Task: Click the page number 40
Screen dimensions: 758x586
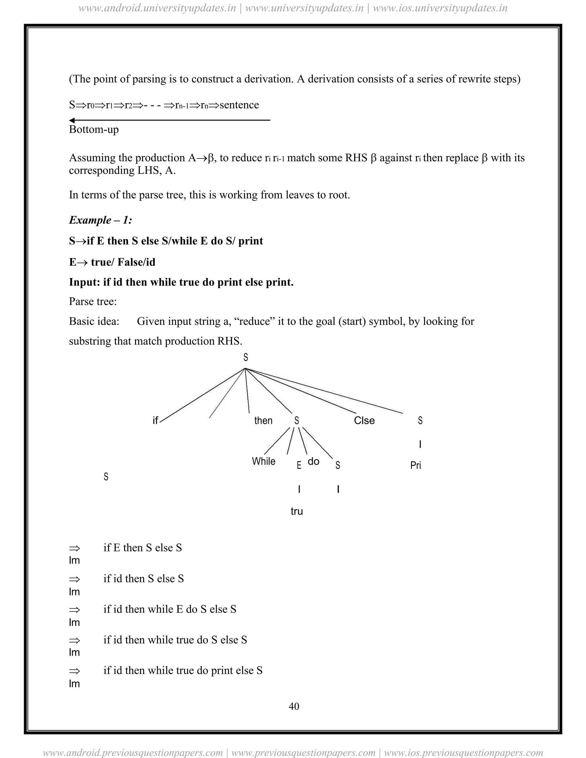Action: click(x=294, y=706)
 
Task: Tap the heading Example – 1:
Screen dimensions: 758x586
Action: click(x=100, y=220)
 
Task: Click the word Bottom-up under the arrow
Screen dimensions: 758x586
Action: click(x=94, y=130)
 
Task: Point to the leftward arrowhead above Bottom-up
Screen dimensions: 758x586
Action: click(x=72, y=120)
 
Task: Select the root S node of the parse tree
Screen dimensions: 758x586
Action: click(x=246, y=357)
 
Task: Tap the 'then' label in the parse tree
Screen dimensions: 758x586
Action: click(x=263, y=421)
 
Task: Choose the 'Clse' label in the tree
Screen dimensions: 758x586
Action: click(x=364, y=421)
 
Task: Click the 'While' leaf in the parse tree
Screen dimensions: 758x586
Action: click(x=264, y=461)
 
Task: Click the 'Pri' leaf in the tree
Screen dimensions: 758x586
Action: click(x=415, y=465)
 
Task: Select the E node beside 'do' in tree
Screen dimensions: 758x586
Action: click(x=299, y=465)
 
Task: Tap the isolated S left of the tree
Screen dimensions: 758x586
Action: click(x=106, y=477)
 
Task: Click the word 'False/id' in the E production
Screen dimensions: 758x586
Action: click(x=136, y=262)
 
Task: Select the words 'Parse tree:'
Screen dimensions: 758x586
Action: click(x=93, y=301)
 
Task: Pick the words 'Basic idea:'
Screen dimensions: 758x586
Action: click(x=94, y=322)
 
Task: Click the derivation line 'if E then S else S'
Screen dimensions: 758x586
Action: click(x=142, y=548)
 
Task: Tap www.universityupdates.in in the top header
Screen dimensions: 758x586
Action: click(x=304, y=8)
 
